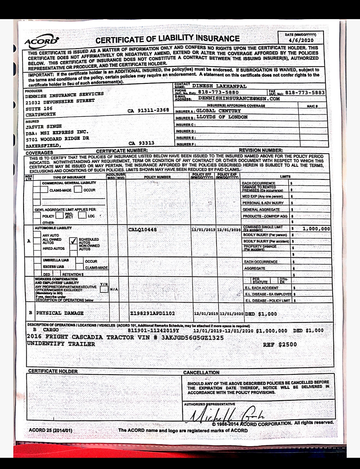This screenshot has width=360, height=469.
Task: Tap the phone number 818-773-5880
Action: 218,92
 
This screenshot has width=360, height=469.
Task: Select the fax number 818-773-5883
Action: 305,93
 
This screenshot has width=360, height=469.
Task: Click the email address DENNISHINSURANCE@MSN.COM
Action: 239,99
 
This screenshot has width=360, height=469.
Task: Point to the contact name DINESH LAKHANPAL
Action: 219,86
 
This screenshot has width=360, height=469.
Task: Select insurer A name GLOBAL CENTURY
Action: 218,111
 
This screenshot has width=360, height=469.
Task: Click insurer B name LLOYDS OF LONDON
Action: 222,117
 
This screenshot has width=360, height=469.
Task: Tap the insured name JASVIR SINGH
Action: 44,127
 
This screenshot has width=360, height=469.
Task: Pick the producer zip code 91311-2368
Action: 153,110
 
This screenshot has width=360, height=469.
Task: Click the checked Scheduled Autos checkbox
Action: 73,241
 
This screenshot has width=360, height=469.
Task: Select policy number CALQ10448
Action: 142,230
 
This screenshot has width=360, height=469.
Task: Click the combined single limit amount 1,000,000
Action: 316,229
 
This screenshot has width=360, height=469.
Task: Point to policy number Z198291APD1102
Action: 152,313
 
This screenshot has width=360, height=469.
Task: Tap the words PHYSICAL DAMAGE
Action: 60,313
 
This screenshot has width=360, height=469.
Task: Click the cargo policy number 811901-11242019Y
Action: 153,331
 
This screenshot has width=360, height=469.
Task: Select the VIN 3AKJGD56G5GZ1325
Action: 193,338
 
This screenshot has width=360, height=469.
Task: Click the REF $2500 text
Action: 280,345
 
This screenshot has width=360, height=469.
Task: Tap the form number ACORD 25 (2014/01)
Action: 50,431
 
